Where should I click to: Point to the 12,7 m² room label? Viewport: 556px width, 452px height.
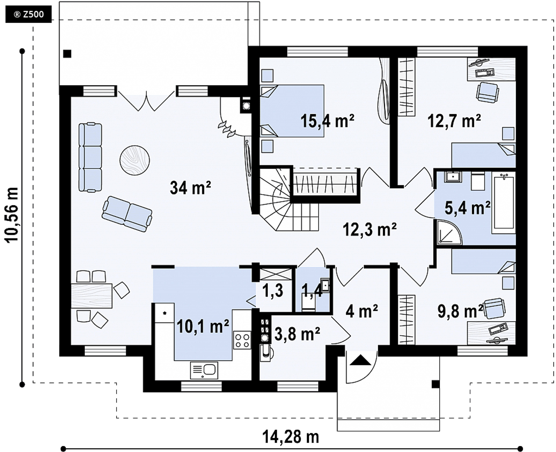(454, 121)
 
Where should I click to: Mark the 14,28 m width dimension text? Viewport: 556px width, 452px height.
(290, 437)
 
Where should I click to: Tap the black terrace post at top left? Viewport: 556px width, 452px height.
(67, 54)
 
